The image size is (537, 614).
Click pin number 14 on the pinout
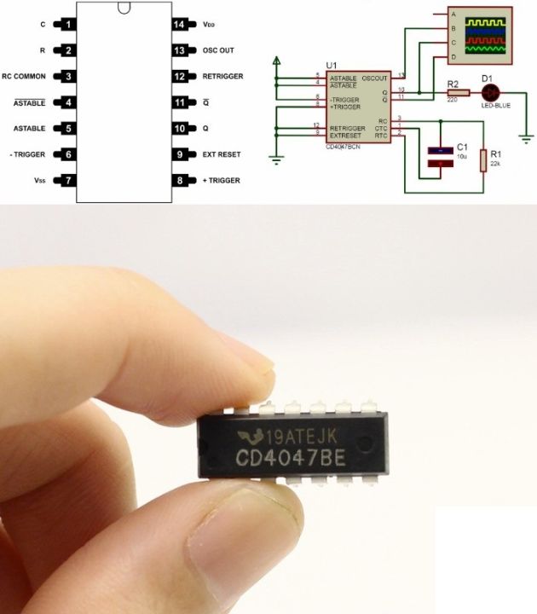[179, 25]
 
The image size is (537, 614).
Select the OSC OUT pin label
[217, 50]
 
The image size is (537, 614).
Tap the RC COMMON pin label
[24, 76]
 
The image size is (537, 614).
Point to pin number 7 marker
[67, 181]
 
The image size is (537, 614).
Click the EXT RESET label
[221, 154]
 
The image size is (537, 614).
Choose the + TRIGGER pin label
[221, 181]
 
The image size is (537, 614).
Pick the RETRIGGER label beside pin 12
[222, 76]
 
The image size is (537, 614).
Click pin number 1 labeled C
[67, 25]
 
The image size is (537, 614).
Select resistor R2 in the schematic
[453, 91]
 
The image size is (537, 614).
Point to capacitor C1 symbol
[440, 159]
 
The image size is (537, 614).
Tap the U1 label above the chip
[332, 66]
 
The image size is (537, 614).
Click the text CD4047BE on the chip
[290, 458]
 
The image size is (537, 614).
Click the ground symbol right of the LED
[528, 138]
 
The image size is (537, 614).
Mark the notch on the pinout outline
[124, 9]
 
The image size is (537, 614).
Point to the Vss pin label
[40, 181]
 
